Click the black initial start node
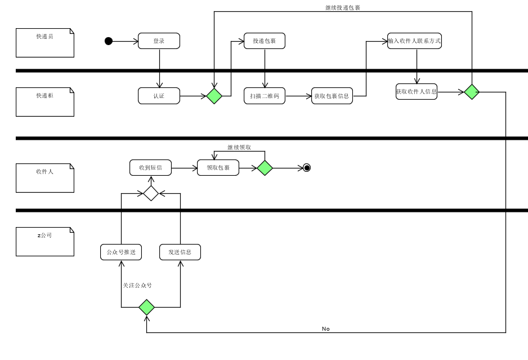click(x=109, y=41)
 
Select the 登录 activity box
click(x=159, y=41)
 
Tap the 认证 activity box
click(x=159, y=96)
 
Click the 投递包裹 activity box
click(x=264, y=41)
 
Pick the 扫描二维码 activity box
click(x=264, y=96)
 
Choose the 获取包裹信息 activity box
click(x=332, y=96)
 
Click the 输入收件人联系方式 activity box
click(x=414, y=41)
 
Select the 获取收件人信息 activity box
click(x=416, y=91)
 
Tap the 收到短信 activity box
click(x=150, y=167)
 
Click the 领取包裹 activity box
click(x=218, y=167)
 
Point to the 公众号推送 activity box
click(x=121, y=252)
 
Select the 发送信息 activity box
click(x=180, y=252)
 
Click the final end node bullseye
click(x=307, y=167)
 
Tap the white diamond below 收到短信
click(x=151, y=193)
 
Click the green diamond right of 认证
click(x=214, y=96)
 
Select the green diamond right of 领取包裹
click(x=265, y=167)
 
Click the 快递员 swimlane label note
click(x=45, y=43)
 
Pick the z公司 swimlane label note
click(x=45, y=242)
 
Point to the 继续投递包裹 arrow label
click(x=343, y=7)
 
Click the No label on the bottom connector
click(x=326, y=328)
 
